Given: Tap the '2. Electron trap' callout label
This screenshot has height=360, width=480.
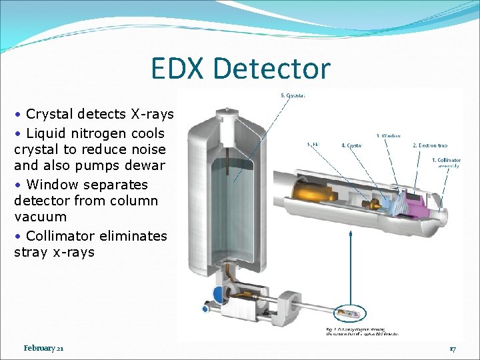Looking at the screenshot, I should (x=429, y=145).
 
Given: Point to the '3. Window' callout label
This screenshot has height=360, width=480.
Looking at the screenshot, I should (x=388, y=135).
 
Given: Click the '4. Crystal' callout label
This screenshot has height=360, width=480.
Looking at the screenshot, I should (x=351, y=145).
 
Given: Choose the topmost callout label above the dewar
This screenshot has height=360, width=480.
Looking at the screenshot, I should (x=293, y=95).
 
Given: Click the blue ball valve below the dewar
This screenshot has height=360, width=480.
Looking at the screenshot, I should (x=218, y=295).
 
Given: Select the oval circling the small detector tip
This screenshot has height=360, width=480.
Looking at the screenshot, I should (x=352, y=312).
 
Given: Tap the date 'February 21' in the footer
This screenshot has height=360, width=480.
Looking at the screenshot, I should (x=43, y=348).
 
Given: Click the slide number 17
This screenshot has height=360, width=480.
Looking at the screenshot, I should (x=452, y=349).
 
